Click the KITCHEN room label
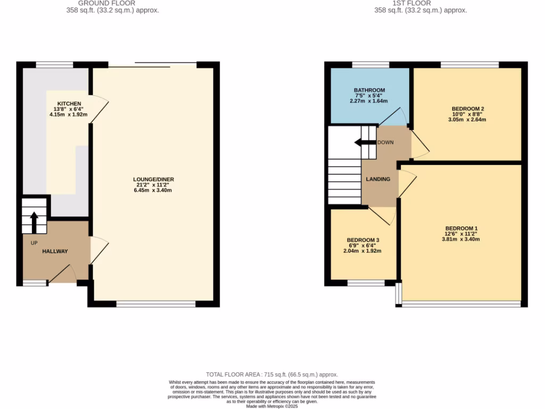coord(69,103)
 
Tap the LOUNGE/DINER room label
coord(153,179)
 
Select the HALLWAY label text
coord(55,251)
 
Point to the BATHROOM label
coord(369,90)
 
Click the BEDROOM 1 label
coord(461,227)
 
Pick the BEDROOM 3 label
coord(362,240)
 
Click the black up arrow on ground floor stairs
coord(34,222)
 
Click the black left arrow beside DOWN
coord(365,142)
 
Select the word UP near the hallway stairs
coord(34,243)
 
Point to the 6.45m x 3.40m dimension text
coord(153,191)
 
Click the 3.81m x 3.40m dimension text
coord(461,239)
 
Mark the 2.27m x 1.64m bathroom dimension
coord(369,101)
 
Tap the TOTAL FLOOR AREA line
coord(272,375)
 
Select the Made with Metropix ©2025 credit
coord(272,406)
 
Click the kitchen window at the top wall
coord(54,64)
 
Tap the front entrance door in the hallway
coord(64,274)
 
